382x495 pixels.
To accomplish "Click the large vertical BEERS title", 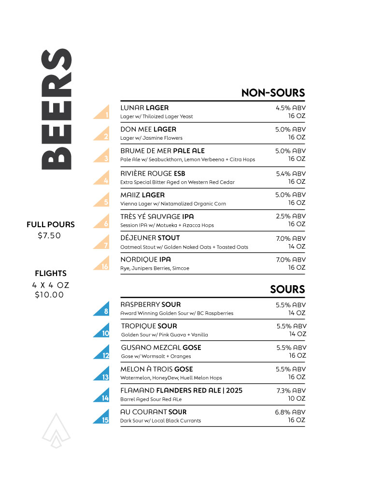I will [57, 109].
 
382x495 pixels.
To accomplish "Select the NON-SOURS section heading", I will [273, 93].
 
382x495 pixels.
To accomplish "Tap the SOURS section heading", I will [287, 289].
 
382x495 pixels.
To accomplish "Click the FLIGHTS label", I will [51, 274].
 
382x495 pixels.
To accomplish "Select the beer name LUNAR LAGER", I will [144, 108].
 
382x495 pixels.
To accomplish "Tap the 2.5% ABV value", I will [291, 216].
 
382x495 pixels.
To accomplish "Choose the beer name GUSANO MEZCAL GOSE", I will [161, 348].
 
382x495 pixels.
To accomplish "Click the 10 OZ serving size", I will [297, 399].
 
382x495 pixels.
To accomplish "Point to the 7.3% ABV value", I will [291, 391].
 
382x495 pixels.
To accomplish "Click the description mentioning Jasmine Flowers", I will [151, 138].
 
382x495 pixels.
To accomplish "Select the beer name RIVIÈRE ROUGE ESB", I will [153, 174].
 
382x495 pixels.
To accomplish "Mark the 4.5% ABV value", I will [291, 108].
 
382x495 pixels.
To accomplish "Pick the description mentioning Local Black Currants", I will [160, 421].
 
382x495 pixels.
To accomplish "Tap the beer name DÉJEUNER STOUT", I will [150, 238].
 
